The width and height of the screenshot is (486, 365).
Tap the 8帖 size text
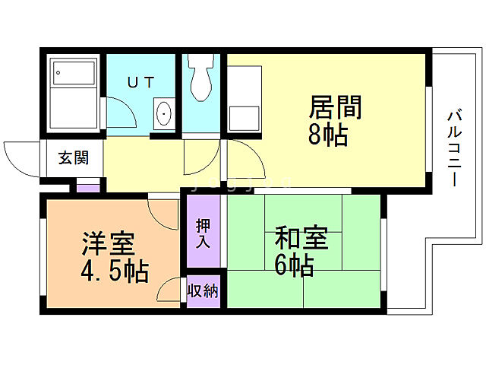[x=328, y=135]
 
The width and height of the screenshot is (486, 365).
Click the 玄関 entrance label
[x=74, y=158]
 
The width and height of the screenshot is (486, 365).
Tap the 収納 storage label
[x=203, y=291]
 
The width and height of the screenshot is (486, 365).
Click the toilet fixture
[x=202, y=78]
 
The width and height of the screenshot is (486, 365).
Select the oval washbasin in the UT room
[x=164, y=115]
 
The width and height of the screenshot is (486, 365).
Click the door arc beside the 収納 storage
[x=169, y=291]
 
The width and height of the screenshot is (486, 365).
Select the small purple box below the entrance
[x=88, y=186]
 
